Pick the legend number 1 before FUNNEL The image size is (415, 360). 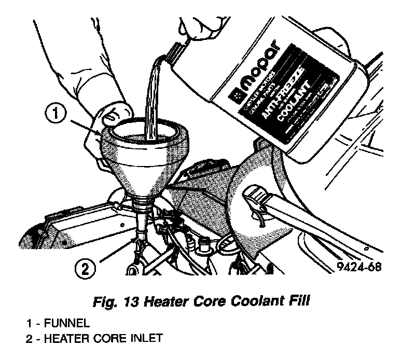click(x=30, y=323)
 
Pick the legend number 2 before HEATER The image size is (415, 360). click(x=30, y=339)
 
